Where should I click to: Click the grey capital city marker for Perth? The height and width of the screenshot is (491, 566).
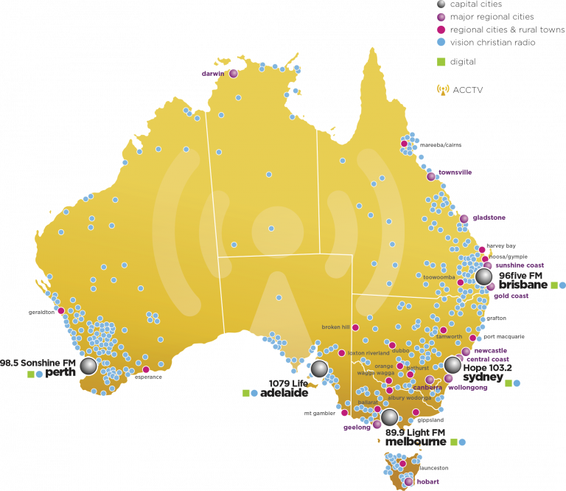click(88, 366)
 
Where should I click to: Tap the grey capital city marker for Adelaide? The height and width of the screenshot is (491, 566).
click(319, 369)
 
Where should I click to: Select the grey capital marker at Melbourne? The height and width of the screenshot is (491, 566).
click(389, 417)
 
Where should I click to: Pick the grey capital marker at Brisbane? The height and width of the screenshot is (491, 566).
click(484, 276)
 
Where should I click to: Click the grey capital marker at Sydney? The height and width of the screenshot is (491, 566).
click(453, 365)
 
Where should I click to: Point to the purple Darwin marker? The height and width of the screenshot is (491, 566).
click(234, 74)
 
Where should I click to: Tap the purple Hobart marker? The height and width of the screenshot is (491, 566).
click(409, 481)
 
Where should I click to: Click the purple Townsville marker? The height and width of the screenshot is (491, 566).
click(431, 176)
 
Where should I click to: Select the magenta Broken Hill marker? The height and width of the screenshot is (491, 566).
click(355, 327)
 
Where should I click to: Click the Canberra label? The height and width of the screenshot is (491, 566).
click(427, 387)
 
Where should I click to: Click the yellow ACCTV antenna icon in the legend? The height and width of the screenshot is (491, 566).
click(443, 90)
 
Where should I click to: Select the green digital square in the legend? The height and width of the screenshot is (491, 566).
click(441, 62)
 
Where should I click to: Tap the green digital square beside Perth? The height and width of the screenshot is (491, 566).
click(30, 375)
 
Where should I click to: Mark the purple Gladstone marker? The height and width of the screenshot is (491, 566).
click(464, 218)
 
